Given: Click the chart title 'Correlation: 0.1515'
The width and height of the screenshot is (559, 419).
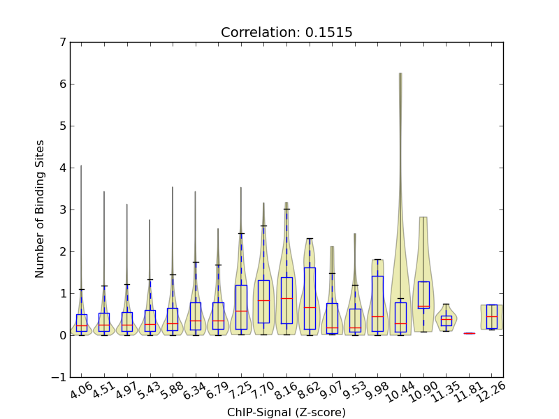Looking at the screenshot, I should click(x=286, y=33).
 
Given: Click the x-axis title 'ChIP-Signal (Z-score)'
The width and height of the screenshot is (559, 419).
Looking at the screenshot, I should click(x=286, y=412).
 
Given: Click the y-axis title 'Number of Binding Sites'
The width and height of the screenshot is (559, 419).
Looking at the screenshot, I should click(x=41, y=209).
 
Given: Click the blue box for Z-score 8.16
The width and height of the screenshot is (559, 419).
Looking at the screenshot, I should click(x=286, y=300).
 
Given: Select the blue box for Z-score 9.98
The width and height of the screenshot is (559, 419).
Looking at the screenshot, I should click(x=377, y=304).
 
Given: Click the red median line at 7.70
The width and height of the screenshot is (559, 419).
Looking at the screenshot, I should click(x=263, y=300).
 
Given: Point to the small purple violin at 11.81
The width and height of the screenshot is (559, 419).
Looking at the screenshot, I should click(x=469, y=333).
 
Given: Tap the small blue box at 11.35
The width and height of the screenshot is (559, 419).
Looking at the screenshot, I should click(x=446, y=321).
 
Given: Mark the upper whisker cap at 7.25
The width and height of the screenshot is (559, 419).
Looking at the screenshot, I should click(x=241, y=233).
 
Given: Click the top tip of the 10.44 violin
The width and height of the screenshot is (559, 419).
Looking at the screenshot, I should click(x=400, y=73).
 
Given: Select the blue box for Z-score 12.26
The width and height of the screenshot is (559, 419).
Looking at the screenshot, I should click(x=492, y=316).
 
